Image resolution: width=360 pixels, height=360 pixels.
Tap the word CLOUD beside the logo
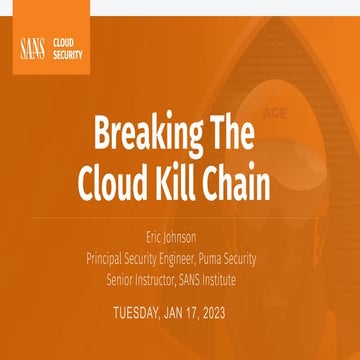(64, 42)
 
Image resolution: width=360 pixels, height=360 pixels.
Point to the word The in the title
(232, 132)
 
